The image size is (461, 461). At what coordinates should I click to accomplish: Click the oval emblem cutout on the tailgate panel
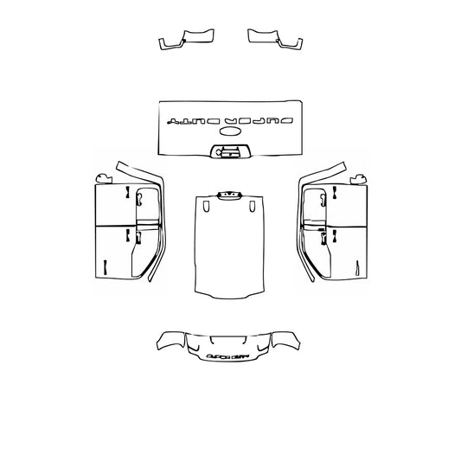232,131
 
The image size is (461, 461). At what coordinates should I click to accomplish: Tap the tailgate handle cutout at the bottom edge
229,152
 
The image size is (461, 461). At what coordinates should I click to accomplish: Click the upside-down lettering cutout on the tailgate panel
229,118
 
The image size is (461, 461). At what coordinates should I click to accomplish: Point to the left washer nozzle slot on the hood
206,207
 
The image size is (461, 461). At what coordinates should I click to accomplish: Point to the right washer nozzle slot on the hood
251,207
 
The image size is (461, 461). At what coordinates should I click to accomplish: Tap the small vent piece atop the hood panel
228,195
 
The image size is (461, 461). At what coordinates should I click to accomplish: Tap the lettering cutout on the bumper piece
229,353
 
